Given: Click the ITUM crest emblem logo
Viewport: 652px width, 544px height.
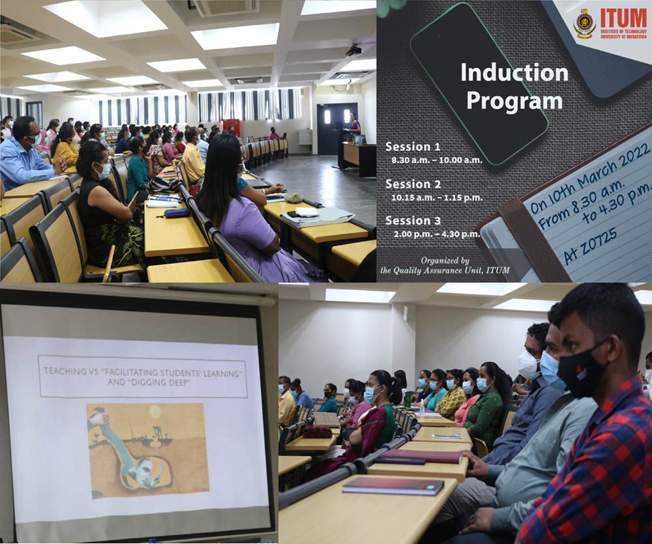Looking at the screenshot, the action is (x=585, y=23).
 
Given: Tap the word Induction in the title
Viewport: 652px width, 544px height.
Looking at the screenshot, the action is (x=514, y=73).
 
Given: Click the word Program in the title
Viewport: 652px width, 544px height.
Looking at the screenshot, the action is (x=514, y=101).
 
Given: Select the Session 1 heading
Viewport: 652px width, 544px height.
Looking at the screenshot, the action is (x=413, y=147).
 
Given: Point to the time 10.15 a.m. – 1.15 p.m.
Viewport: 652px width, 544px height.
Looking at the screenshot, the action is (x=437, y=198).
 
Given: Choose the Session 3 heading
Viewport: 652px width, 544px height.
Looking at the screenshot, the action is (x=413, y=221).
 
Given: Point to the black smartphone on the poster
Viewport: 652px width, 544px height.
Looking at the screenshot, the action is (x=479, y=83).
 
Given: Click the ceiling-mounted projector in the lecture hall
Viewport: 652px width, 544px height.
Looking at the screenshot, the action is (x=353, y=50).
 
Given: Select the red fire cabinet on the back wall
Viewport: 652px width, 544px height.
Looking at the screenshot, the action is (x=231, y=126).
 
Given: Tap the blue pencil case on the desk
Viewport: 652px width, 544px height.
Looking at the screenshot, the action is (x=177, y=213).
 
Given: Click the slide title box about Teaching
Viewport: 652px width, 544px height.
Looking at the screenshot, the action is (x=143, y=377).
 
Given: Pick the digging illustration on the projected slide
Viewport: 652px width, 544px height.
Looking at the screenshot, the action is (x=147, y=451).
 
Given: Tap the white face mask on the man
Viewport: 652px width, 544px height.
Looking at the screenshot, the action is (x=528, y=365).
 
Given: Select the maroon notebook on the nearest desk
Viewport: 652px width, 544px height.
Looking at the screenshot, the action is (x=393, y=486).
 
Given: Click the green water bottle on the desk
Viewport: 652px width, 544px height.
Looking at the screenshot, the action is (x=407, y=400).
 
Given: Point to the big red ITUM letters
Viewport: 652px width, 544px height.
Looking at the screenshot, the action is (x=623, y=18).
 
